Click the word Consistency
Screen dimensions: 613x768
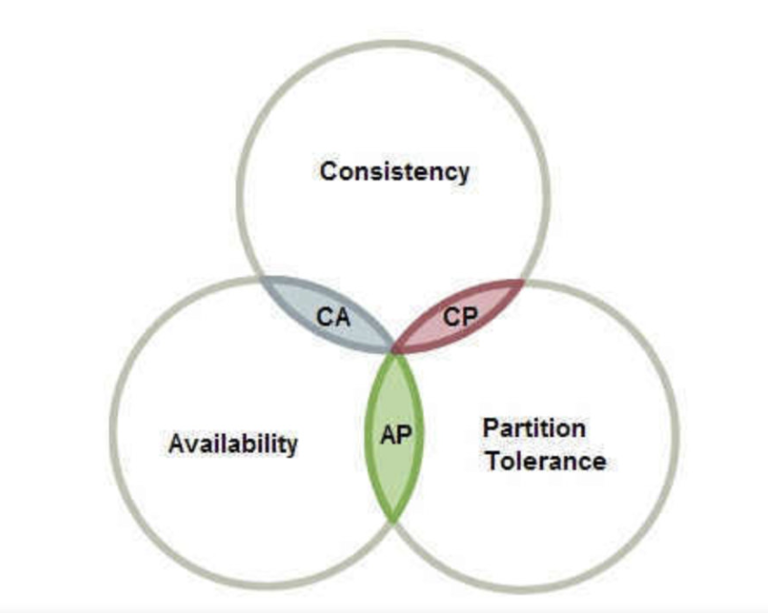pos(394,170)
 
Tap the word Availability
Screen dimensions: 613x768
pos(233,443)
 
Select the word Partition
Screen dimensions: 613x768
pos(534,427)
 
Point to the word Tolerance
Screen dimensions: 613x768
pos(544,461)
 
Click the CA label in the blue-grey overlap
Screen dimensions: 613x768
pos(333,316)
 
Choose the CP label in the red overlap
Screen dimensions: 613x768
pos(460,316)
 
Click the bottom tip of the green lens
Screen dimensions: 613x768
pos(394,519)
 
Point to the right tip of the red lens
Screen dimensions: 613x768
pos(523,280)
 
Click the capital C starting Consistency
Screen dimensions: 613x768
pos(328,170)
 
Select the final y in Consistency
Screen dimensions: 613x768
pos(462,173)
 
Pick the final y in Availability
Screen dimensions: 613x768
pos(291,446)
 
